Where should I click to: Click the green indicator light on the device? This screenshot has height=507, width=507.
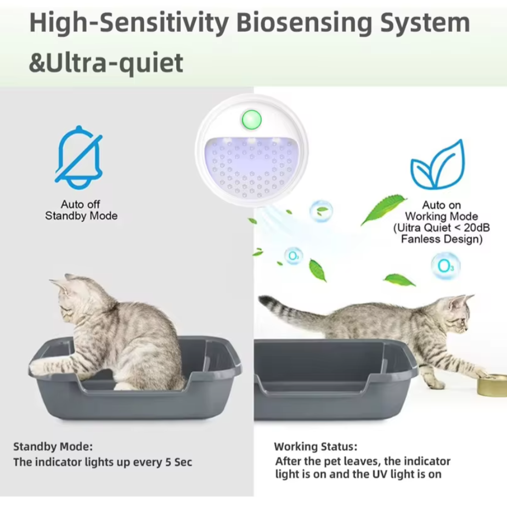(252, 118)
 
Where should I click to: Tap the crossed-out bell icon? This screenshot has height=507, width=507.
(80, 157)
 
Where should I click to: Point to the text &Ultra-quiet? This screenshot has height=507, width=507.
(106, 63)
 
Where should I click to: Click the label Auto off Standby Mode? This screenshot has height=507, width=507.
(81, 211)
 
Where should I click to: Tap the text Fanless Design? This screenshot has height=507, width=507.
(442, 239)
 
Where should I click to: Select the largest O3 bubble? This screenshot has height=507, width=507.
(445, 266)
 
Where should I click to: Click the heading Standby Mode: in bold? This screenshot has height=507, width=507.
(53, 446)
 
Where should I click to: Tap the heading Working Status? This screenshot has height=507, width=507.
(316, 447)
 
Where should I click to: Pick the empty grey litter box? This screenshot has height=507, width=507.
(335, 379)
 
